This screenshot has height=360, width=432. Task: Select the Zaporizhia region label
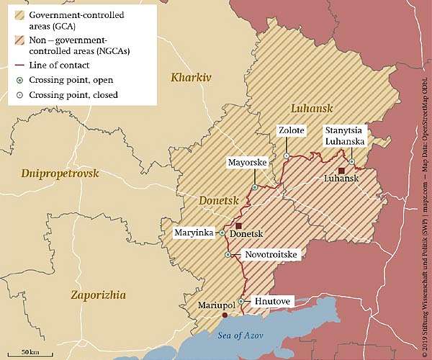(98, 294)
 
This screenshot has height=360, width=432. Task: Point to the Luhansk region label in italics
(311, 108)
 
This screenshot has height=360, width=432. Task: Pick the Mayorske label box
(247, 163)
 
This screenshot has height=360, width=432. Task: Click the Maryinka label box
(194, 233)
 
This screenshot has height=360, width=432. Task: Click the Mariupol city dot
(225, 315)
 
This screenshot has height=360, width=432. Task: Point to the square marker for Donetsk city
(238, 226)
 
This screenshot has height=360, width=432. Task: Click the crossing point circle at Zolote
(287, 156)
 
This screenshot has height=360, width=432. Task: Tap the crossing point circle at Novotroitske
(228, 255)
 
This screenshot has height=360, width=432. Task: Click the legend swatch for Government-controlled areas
(19, 14)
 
